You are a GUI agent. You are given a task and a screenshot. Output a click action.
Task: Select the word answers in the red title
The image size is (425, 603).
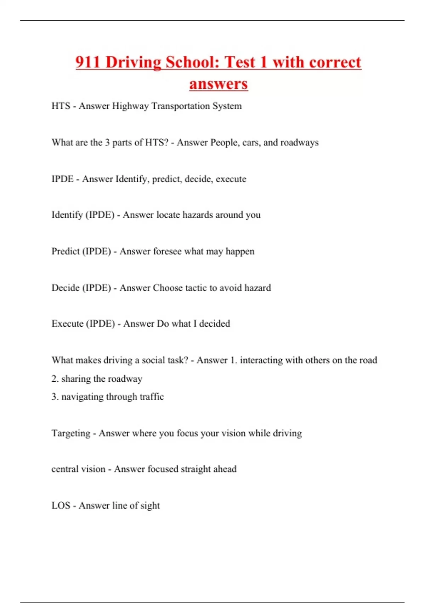tap(219, 84)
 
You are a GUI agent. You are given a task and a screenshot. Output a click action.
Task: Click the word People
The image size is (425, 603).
tap(225, 143)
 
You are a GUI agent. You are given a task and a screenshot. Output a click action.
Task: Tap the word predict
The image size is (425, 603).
tap(167, 179)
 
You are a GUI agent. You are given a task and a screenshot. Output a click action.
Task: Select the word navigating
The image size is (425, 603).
tap(83, 397)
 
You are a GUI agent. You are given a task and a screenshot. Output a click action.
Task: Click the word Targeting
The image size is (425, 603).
tap(71, 433)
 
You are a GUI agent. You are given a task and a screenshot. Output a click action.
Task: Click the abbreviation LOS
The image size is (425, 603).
tap(61, 505)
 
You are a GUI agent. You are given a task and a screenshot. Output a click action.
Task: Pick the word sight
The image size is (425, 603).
tap(150, 506)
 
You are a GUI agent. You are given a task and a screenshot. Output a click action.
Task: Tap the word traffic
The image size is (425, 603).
tap(152, 397)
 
